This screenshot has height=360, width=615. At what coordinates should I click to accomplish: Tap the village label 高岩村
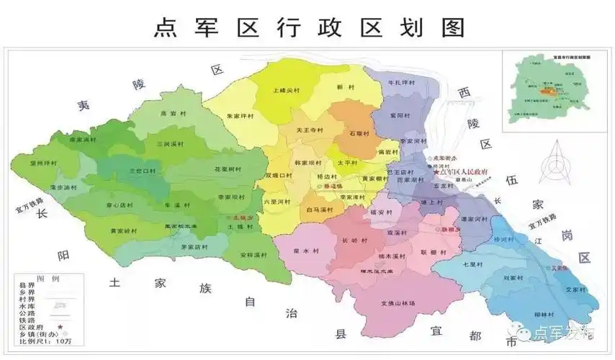tap(168, 113)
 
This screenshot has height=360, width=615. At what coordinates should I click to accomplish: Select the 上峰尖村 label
tap(285, 91)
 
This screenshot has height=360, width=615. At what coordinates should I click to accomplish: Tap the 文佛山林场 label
tap(398, 303)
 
